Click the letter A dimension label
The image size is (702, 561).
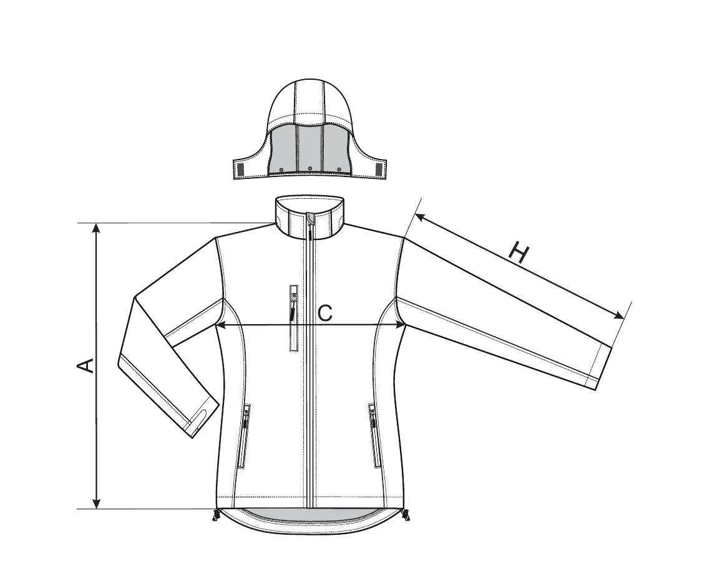tap(85, 365)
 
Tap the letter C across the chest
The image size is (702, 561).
tap(325, 313)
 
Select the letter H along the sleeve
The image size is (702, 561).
tap(519, 253)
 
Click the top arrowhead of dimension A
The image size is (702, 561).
tap(96, 229)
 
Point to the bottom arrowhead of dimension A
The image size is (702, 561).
tap(96, 503)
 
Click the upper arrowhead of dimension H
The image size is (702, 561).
tap(420, 218)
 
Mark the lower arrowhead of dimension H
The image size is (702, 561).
tap(619, 315)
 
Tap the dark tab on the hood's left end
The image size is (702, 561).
tap(240, 170)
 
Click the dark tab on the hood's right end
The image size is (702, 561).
tap(379, 170)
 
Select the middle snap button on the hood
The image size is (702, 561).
tap(310, 169)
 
